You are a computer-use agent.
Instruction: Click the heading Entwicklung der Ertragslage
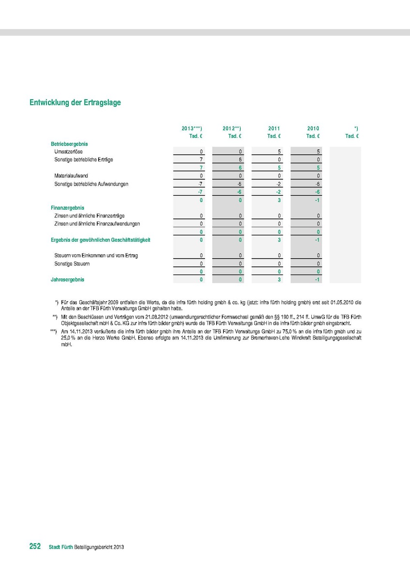tap(75, 102)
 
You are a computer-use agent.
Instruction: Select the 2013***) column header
tap(191, 129)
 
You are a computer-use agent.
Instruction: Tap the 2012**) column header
tap(232, 129)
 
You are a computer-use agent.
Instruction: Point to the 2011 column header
tap(274, 129)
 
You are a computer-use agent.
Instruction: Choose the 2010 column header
tap(313, 129)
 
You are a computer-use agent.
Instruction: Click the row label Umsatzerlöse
tap(68, 152)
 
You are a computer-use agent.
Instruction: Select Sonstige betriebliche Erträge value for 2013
tap(201, 159)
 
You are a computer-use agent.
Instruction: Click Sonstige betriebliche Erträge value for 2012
tap(240, 159)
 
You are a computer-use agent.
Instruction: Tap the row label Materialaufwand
tap(71, 176)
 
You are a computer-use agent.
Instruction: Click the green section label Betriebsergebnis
tap(69, 144)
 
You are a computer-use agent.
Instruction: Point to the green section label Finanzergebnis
tap(67, 207)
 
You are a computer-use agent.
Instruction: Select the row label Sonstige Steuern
tap(72, 264)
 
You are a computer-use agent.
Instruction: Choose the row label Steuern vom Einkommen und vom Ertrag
tap(96, 256)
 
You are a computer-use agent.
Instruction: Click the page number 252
tap(35, 547)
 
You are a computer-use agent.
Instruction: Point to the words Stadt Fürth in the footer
tap(61, 547)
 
